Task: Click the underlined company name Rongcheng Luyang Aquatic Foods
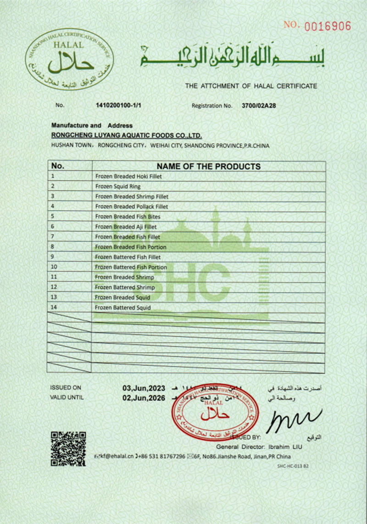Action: click(x=127, y=135)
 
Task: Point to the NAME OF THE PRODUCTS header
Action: click(x=208, y=167)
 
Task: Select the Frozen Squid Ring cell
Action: click(x=118, y=187)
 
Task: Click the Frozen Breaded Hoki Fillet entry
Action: click(x=128, y=177)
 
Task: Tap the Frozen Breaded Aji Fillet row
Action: click(x=126, y=227)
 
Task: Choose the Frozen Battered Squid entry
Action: click(x=122, y=307)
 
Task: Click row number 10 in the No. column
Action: click(x=54, y=267)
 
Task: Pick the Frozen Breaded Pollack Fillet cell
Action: click(x=131, y=207)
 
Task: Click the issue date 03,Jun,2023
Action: click(x=144, y=388)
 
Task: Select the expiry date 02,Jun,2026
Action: click(x=144, y=398)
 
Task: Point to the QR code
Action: click(x=68, y=449)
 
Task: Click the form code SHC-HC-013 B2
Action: click(x=293, y=466)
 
